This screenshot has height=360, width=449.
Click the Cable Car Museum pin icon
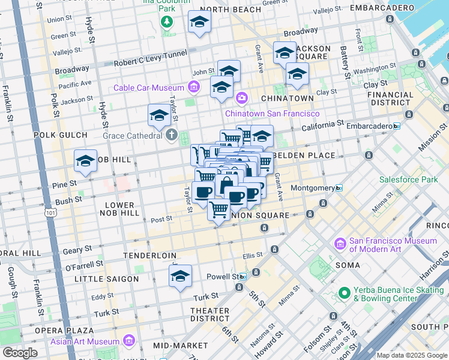point(193,88)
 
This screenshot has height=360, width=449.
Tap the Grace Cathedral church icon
point(172,134)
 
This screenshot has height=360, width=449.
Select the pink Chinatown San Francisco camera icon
point(241,97)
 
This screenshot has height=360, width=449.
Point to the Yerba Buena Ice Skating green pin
point(344,293)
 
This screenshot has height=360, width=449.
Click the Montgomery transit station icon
point(339,188)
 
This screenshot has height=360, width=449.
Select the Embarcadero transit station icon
point(396,126)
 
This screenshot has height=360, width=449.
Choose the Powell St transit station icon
point(243,277)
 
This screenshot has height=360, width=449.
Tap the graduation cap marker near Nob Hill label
point(85,160)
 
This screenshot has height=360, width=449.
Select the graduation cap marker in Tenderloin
point(180,276)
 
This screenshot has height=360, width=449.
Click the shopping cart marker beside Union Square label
point(219,210)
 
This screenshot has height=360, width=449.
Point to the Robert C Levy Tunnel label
point(150,62)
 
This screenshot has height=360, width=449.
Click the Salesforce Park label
point(408,179)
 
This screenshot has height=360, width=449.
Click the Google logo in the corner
point(20,352)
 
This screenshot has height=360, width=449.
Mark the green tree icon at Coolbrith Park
point(166,22)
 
